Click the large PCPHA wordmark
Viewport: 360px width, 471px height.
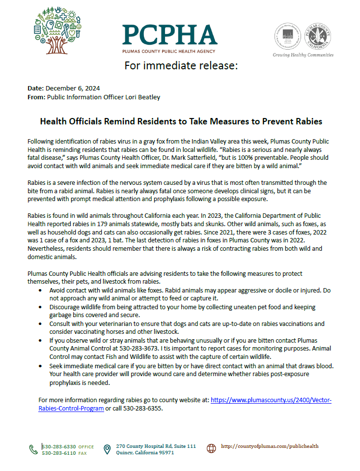click(x=169, y=34)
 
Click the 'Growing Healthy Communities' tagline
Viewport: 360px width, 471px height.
click(x=303, y=55)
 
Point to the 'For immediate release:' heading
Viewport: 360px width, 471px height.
click(x=181, y=66)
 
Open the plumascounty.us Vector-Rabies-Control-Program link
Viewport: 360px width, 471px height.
click(x=271, y=400)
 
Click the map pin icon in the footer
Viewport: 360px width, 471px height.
click(x=107, y=449)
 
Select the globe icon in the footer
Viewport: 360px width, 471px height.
click(x=211, y=448)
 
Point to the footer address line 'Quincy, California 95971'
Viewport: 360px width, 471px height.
click(x=145, y=453)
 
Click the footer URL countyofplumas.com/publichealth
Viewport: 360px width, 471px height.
click(x=270, y=446)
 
